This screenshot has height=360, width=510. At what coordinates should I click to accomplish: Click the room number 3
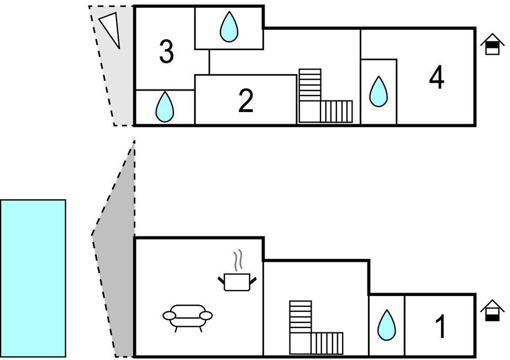click(x=166, y=51)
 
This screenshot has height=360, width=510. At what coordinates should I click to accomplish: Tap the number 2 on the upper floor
click(x=246, y=100)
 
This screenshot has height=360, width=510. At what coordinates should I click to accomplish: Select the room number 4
click(x=437, y=77)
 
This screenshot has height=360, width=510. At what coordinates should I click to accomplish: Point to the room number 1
click(x=440, y=326)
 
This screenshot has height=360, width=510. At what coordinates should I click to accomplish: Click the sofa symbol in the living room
click(x=187, y=317)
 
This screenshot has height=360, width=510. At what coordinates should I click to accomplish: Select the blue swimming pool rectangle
click(x=33, y=278)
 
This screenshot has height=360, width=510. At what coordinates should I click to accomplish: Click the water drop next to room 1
click(x=386, y=325)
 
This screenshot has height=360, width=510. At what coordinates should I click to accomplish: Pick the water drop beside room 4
click(x=378, y=91)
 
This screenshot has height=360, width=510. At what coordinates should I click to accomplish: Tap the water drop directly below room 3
click(x=164, y=107)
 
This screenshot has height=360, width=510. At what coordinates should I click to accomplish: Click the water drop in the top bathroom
click(x=228, y=27)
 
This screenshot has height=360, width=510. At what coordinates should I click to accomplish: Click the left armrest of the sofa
click(x=169, y=315)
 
